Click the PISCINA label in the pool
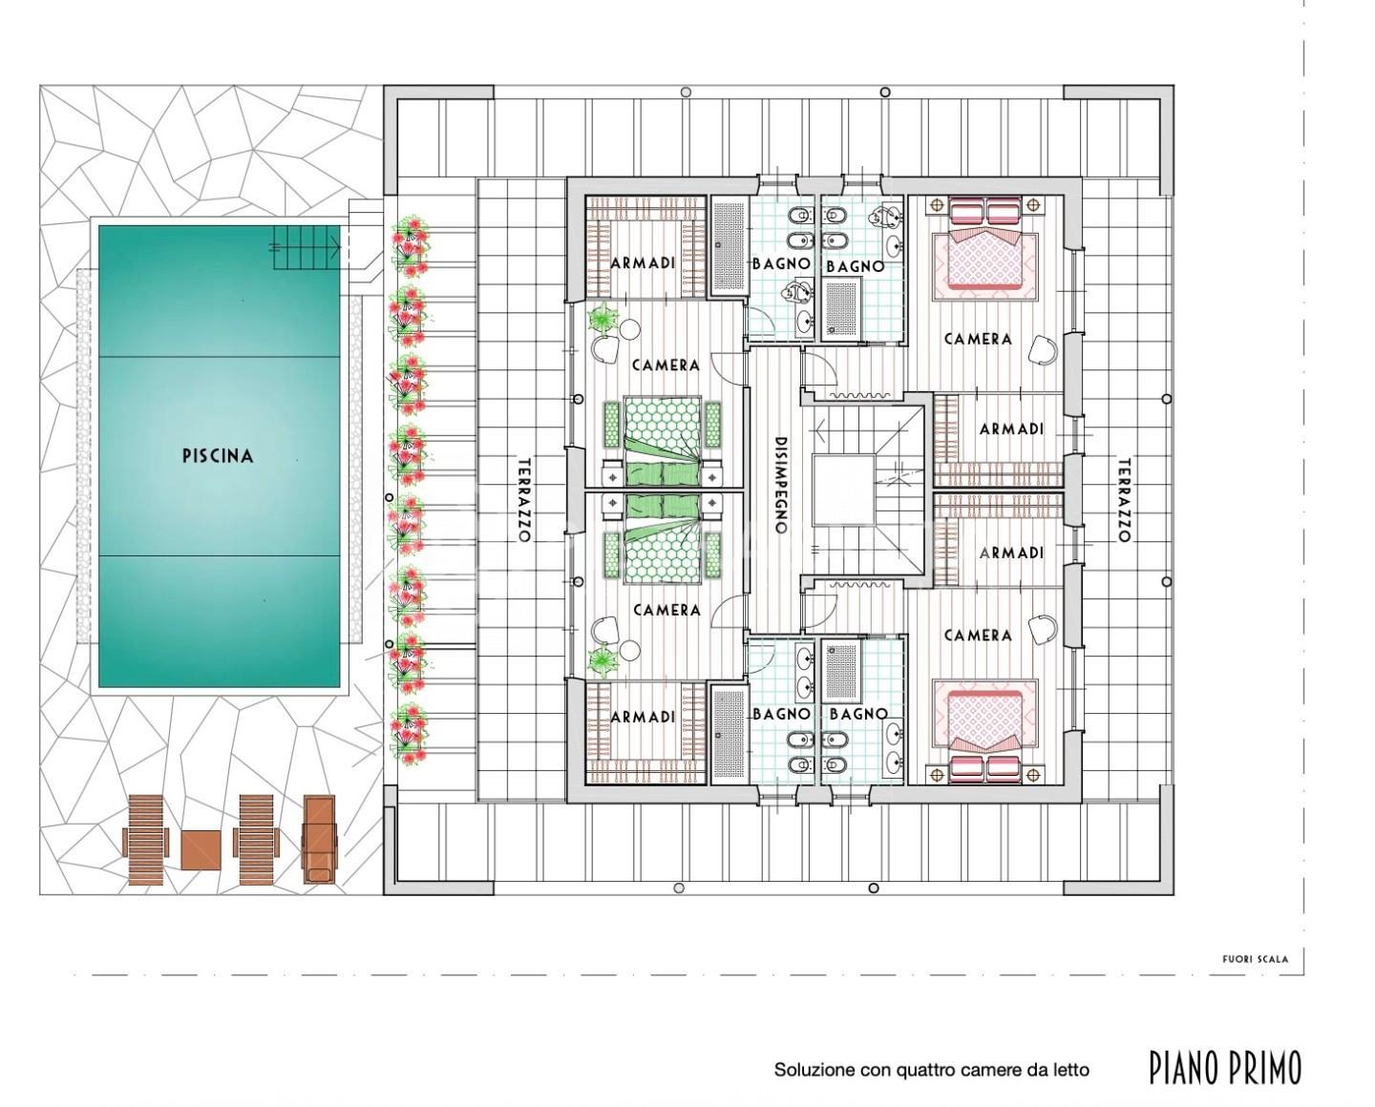pyautogui.click(x=218, y=456)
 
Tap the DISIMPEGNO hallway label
pyautogui.click(x=781, y=485)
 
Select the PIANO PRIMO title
pyautogui.click(x=1225, y=1068)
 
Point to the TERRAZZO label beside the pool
pyautogui.click(x=524, y=499)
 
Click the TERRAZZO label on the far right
pyautogui.click(x=1124, y=499)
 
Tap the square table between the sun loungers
pyautogui.click(x=201, y=849)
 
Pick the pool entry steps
pyautogui.click(x=307, y=248)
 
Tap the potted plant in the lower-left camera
pyautogui.click(x=602, y=658)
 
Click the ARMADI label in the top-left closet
pyautogui.click(x=643, y=262)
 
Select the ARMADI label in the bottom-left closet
pyautogui.click(x=643, y=717)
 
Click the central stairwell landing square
pyautogui.click(x=843, y=490)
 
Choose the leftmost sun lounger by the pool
pyautogui.click(x=146, y=840)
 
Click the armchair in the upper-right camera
pyautogui.click(x=1044, y=350)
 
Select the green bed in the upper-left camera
pyautogui.click(x=664, y=441)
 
